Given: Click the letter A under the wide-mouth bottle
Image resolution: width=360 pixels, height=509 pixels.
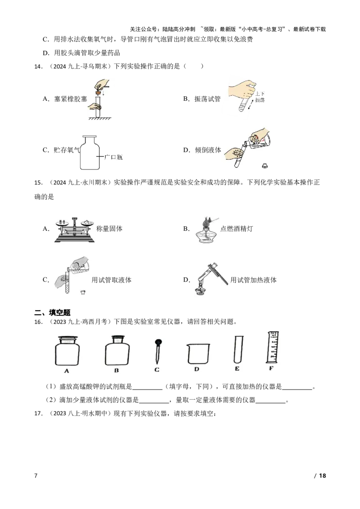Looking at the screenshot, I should click(x=67, y=371).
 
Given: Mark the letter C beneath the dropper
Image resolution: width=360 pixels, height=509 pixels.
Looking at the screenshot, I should click(x=157, y=370).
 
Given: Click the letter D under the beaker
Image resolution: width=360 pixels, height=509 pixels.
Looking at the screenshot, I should click(x=196, y=370).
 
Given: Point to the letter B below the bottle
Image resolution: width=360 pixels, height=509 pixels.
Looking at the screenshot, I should click(x=116, y=371).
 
